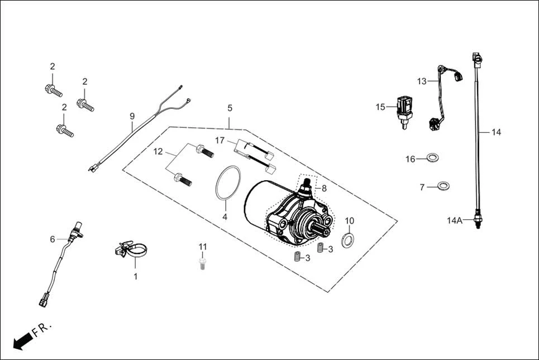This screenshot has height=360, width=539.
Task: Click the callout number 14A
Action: point(454,220)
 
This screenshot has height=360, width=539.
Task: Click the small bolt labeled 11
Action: point(203,263)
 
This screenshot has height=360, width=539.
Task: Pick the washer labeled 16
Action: point(432,159)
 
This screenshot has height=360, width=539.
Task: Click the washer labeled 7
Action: point(443,185)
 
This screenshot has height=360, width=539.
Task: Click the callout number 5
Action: point(229,108)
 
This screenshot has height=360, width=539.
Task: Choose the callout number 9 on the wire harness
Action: point(132,117)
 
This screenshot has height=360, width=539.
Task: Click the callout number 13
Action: point(422,81)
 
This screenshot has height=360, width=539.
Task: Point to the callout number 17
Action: point(220,140)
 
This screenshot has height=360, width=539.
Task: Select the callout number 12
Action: point(159,151)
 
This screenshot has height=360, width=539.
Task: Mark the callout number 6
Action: point(53,239)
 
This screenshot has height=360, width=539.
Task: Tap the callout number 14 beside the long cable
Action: point(496,132)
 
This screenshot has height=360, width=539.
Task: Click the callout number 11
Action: point(203,247)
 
